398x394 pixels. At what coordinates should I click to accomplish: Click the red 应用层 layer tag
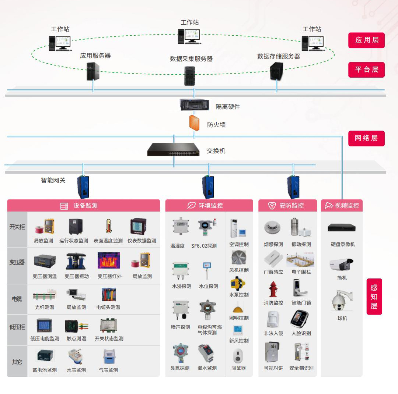(x=366, y=40)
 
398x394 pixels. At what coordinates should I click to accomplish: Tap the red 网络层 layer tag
(x=366, y=138)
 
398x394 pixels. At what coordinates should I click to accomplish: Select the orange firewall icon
(x=195, y=123)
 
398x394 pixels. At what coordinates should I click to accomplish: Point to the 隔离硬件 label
(x=228, y=107)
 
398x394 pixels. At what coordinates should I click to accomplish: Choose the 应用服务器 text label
(x=95, y=56)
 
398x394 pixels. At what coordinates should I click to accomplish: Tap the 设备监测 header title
(x=85, y=206)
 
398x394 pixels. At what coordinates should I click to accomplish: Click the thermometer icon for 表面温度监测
(x=108, y=226)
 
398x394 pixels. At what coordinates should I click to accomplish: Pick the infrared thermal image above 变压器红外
(x=109, y=260)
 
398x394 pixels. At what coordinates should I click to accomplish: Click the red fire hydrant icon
(x=273, y=290)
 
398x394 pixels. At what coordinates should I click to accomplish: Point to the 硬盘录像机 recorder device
(x=342, y=228)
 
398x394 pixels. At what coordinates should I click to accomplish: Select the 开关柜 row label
(x=17, y=227)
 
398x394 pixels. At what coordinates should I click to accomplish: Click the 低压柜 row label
(x=17, y=327)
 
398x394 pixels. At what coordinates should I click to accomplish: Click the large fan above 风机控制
(x=239, y=258)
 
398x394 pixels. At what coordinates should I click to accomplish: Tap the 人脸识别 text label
(x=301, y=333)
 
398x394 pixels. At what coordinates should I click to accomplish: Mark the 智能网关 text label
(x=53, y=180)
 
